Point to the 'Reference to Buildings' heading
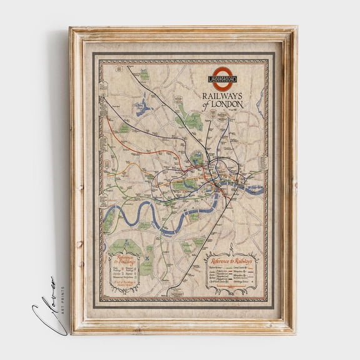pyautogui.click(x=121, y=258)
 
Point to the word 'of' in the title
pyautogui.click(x=208, y=104)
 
